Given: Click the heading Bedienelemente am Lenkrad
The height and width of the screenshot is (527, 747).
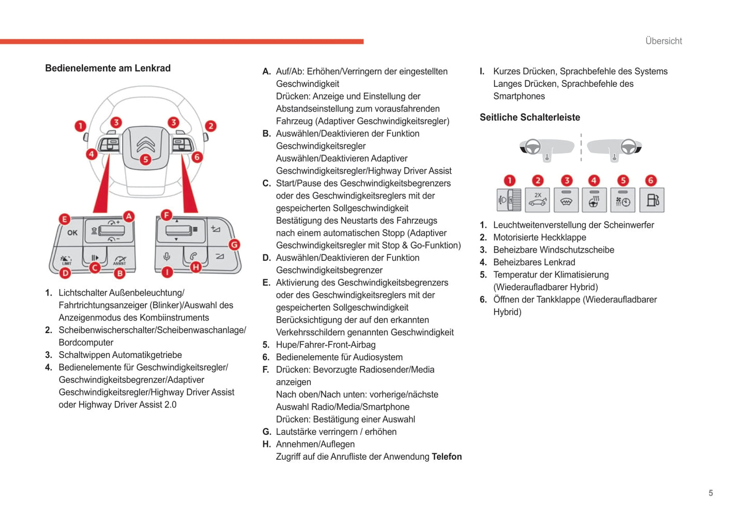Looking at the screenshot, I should tap(108, 68).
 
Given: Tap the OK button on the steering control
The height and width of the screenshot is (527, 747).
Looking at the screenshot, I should tap(72, 233).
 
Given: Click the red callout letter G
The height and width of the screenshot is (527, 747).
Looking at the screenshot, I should tap(234, 245).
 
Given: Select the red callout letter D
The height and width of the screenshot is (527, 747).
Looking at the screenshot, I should tap(65, 273).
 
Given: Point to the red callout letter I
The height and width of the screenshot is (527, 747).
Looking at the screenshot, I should tap(167, 272).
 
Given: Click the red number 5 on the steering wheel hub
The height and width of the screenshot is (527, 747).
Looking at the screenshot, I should tap(146, 159).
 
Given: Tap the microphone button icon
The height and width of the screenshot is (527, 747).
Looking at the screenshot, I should tap(167, 257).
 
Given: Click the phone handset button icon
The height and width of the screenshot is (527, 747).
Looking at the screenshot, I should tap(193, 256).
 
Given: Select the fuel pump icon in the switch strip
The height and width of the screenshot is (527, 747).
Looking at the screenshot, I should tap(652, 200).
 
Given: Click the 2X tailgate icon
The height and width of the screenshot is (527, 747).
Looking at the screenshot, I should tap(538, 200).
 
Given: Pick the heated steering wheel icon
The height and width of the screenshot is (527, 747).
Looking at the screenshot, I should tap(594, 200).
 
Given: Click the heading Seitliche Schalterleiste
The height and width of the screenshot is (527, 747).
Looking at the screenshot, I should tap(529, 117).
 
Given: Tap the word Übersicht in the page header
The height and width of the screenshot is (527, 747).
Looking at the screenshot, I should tap(663, 41).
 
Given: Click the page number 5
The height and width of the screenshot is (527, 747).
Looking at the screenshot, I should tap(711, 493).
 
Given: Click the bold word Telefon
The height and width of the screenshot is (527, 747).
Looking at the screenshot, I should tap(447, 457).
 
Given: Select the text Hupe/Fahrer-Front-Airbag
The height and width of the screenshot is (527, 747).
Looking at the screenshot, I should tap(326, 345).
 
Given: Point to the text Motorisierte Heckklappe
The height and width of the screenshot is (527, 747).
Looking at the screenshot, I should tap(539, 237).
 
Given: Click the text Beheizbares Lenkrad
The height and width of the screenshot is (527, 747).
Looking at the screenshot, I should tap(534, 262).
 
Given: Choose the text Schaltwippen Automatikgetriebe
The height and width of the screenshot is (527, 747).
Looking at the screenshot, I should tap(120, 355).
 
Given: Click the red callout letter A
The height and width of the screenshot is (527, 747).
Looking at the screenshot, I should tap(128, 217).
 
